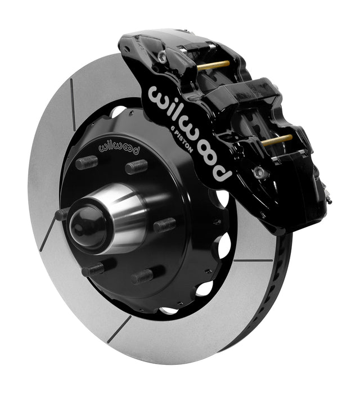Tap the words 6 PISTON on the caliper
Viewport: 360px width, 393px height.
click(x=181, y=139)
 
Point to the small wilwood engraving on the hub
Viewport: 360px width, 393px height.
click(x=119, y=148)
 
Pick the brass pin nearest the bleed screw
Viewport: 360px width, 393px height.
click(x=277, y=140)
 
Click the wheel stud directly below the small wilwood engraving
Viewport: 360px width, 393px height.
click(x=137, y=166)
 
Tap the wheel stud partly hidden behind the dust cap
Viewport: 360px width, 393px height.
click(x=62, y=214)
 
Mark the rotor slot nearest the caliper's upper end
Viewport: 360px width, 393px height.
click(x=73, y=105)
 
